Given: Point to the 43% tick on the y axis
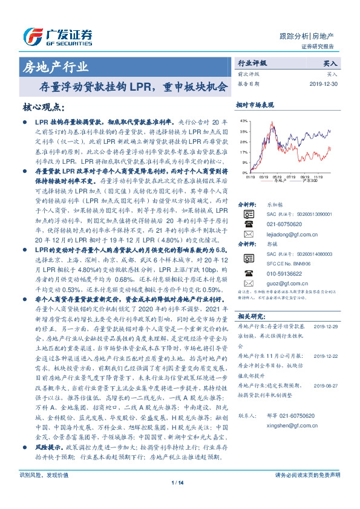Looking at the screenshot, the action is tap(243, 121).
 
